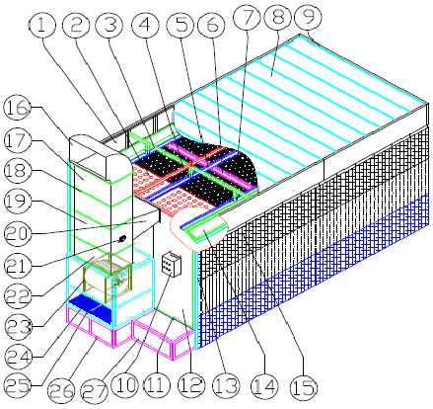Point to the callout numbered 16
point(22,106)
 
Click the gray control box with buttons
point(172,268)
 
